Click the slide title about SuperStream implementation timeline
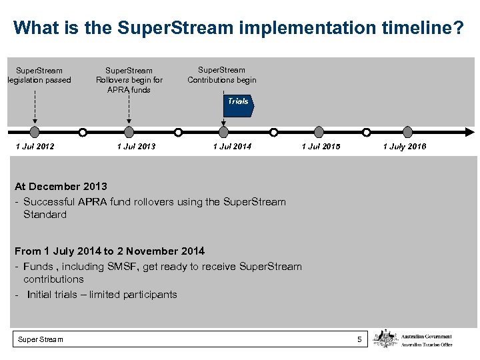point(239,28)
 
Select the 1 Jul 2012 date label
point(35,147)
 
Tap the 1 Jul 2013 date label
point(136,147)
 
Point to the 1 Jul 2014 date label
point(232,147)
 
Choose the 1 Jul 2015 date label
point(321,147)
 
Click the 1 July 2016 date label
point(404,147)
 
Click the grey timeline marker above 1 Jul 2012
point(35,132)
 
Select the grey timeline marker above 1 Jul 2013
point(129,132)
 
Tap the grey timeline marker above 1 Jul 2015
point(319,132)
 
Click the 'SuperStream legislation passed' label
point(39,75)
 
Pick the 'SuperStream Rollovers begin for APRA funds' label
point(129,80)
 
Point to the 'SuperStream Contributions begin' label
point(221,75)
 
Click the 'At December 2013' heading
point(61,187)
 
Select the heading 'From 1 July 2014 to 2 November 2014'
point(109,251)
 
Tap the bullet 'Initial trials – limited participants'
point(102,295)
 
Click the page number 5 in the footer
point(359,340)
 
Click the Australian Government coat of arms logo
point(385,339)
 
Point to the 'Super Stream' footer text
point(41,340)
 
